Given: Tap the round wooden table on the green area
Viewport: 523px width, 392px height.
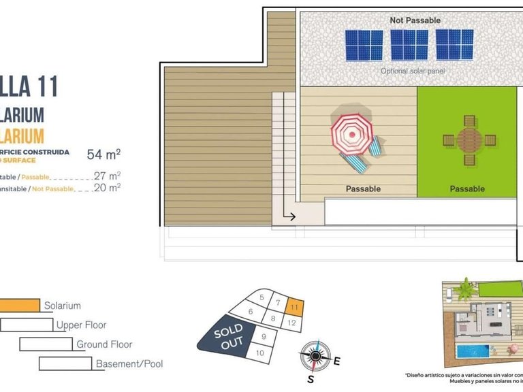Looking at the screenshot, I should (467, 140).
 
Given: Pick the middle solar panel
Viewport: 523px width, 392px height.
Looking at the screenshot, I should (409, 44).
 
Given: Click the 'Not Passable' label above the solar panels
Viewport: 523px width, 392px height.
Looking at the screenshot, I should (415, 20).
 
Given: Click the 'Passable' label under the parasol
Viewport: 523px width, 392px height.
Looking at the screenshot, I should (363, 189).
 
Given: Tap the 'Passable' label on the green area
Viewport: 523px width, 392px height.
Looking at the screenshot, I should (467, 189).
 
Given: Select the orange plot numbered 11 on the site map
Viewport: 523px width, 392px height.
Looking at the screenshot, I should (294, 307).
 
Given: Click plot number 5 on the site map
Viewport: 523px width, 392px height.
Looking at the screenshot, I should (261, 297).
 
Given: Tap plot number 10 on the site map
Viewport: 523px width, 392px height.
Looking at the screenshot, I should (259, 353).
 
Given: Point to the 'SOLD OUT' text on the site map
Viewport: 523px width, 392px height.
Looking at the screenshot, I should (229, 337).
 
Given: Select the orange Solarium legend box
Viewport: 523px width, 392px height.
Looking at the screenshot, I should (20, 306).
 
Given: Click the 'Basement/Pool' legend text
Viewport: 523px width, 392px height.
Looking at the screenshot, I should (129, 364).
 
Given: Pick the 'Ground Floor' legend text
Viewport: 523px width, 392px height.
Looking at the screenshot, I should (104, 344).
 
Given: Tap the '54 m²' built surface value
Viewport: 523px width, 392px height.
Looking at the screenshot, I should (104, 154).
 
